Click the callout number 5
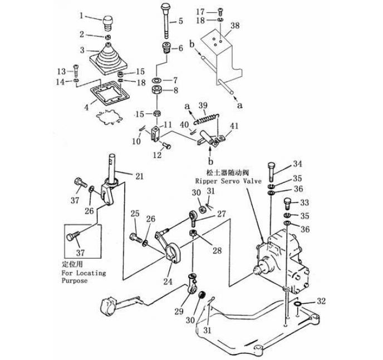(x=180, y=21)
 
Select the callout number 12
(x=158, y=155)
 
